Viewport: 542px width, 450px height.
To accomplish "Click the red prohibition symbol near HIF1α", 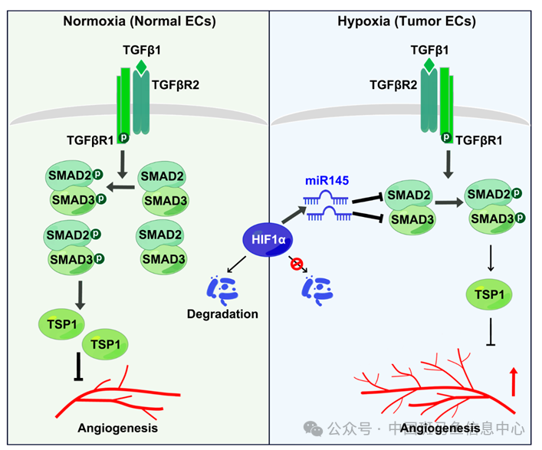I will pyautogui.click(x=297, y=265).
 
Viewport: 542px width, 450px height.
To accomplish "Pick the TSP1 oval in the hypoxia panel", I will pyautogui.click(x=489, y=294).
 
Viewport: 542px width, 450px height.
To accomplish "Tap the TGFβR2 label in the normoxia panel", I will pyautogui.click(x=176, y=84).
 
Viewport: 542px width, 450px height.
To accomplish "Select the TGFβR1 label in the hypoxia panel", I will pyautogui.click(x=479, y=140).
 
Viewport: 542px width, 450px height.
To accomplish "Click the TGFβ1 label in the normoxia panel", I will pyautogui.click(x=141, y=51).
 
